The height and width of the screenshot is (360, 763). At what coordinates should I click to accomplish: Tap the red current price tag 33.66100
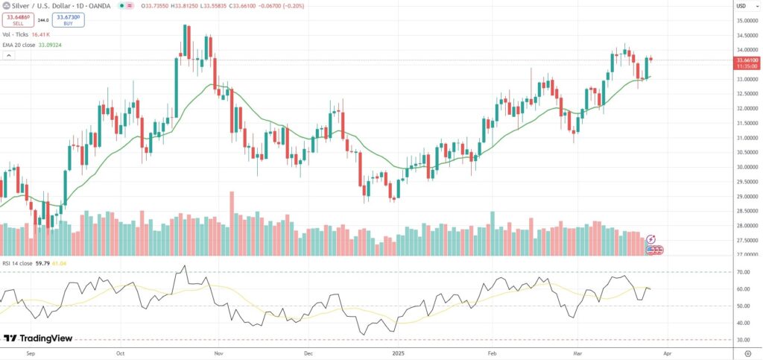pos(747,60)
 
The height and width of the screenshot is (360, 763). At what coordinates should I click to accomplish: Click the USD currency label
pos(741,6)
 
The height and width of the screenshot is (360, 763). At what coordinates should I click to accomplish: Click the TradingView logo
pos(38,339)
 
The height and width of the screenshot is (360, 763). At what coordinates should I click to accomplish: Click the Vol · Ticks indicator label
pos(16,34)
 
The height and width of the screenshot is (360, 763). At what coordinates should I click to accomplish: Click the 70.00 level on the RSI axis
pos(742,273)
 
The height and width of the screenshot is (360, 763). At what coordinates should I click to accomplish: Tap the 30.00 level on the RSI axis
pos(742,340)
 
